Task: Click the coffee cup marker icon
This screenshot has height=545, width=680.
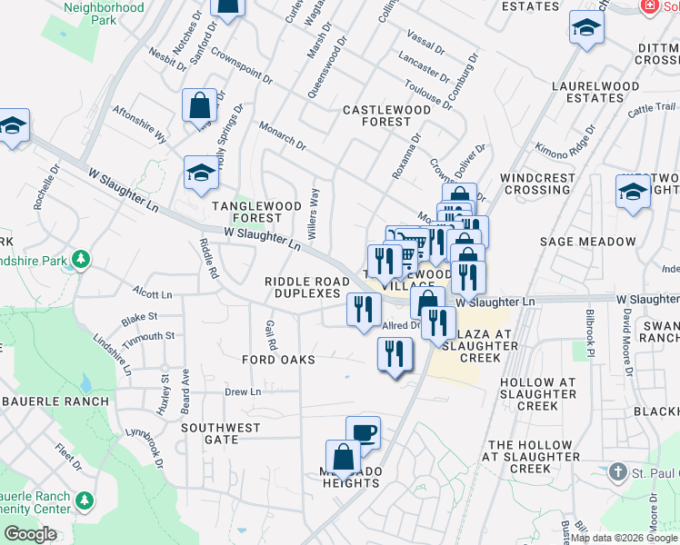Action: point(363,431)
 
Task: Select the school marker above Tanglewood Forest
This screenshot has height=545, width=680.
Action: point(201,173)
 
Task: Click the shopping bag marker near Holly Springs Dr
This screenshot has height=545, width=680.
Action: point(199,104)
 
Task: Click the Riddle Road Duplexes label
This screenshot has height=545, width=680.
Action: point(303,288)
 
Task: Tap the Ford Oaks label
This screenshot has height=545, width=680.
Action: point(278,360)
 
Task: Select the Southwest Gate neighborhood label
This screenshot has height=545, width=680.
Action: point(220,433)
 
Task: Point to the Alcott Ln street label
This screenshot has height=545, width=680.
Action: point(152,294)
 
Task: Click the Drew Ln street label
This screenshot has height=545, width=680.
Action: point(243,391)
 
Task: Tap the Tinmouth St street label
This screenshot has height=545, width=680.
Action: point(150,336)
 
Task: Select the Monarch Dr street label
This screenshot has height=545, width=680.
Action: point(282,134)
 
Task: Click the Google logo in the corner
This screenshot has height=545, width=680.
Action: point(30,534)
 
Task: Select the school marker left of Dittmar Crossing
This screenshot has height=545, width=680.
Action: point(587,28)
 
